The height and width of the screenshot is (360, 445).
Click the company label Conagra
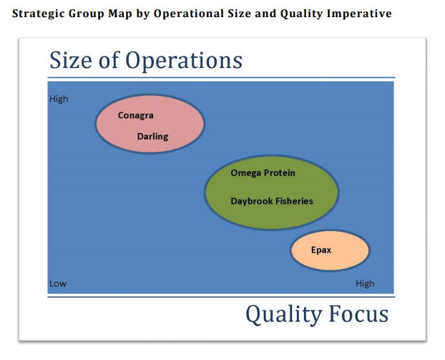(136, 116)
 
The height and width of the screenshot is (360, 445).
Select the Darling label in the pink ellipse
(152, 137)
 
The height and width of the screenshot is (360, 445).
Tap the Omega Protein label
(263, 173)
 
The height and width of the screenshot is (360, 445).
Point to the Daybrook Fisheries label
(271, 201)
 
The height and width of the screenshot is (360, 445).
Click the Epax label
(321, 250)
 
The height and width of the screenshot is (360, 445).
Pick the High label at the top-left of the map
(59, 99)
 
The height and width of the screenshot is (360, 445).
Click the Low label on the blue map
(58, 283)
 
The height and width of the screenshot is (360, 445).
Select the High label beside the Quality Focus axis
(365, 283)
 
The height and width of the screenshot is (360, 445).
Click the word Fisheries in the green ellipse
(292, 201)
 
